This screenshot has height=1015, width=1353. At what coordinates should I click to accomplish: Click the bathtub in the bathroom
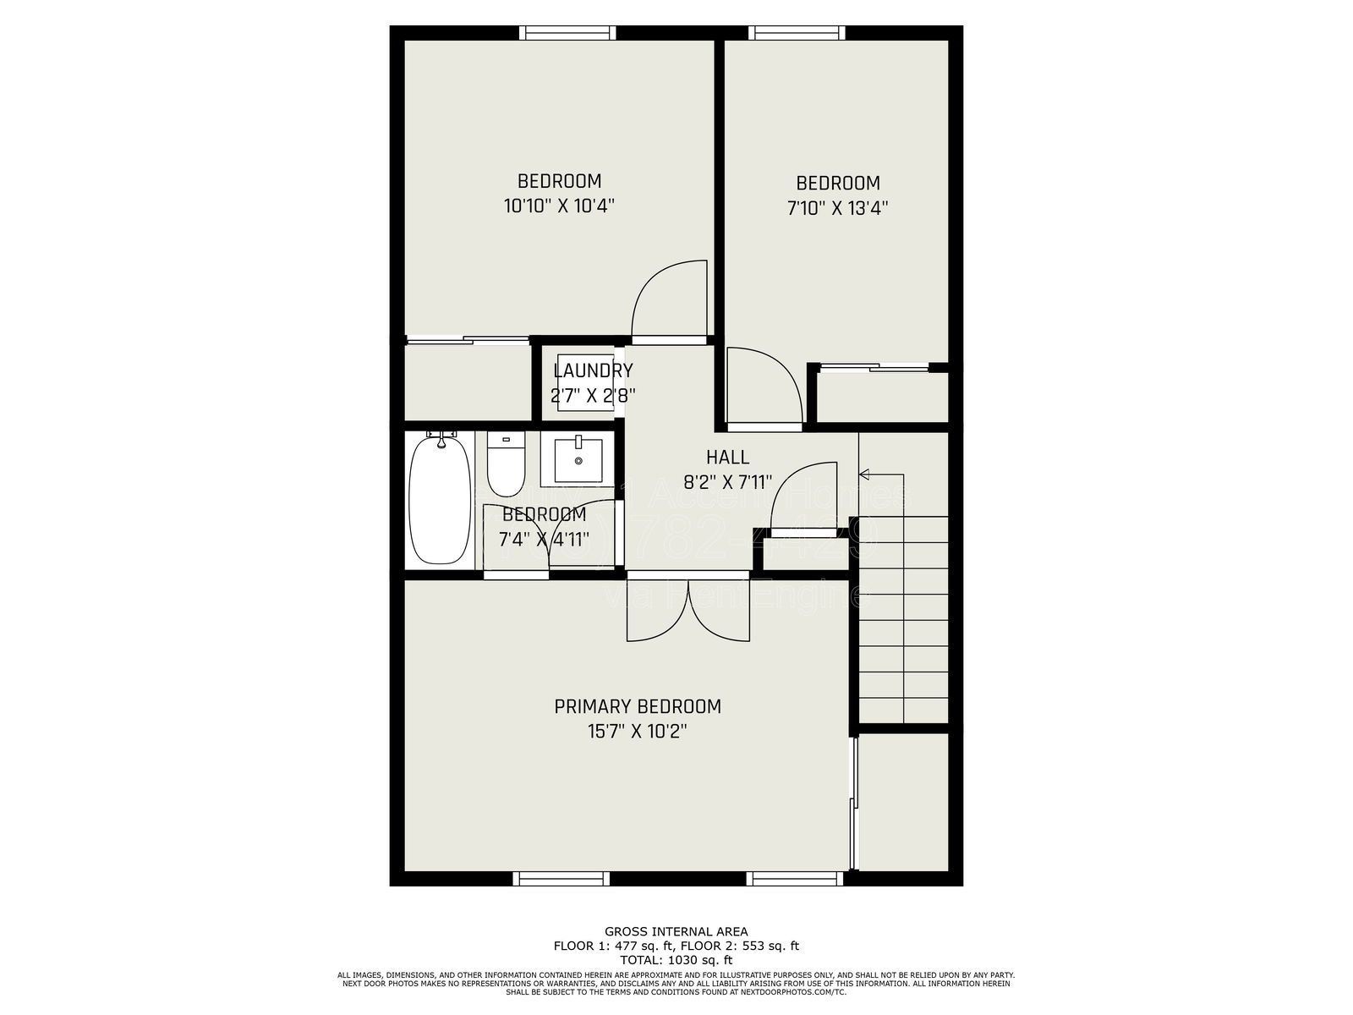tap(439, 500)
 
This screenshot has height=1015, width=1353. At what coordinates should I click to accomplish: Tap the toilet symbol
tap(507, 466)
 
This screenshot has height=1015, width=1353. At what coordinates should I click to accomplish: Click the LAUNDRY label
tap(593, 370)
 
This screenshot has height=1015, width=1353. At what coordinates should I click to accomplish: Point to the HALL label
tap(727, 458)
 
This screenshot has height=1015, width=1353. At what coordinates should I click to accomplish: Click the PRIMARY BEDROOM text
tap(638, 706)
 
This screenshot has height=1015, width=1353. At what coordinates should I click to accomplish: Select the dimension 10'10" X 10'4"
tap(558, 206)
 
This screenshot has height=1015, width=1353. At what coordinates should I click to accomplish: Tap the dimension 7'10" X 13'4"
tap(837, 208)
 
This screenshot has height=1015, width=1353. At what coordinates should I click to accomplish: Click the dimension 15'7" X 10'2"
tap(638, 732)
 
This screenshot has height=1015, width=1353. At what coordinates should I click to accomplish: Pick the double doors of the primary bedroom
tap(687, 611)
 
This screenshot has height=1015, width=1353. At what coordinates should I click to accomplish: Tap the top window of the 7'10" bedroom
tap(797, 33)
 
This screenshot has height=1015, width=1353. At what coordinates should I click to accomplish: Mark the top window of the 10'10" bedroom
tap(567, 33)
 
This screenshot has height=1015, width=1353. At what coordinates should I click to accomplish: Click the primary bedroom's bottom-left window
tap(561, 880)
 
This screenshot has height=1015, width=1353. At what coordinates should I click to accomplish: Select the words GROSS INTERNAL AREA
tap(676, 932)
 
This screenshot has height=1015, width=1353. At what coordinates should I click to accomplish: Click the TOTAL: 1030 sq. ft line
tap(676, 960)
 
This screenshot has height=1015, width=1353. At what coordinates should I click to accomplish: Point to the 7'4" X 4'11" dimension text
tap(543, 539)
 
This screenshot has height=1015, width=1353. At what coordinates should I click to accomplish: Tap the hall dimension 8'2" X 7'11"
tap(727, 483)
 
